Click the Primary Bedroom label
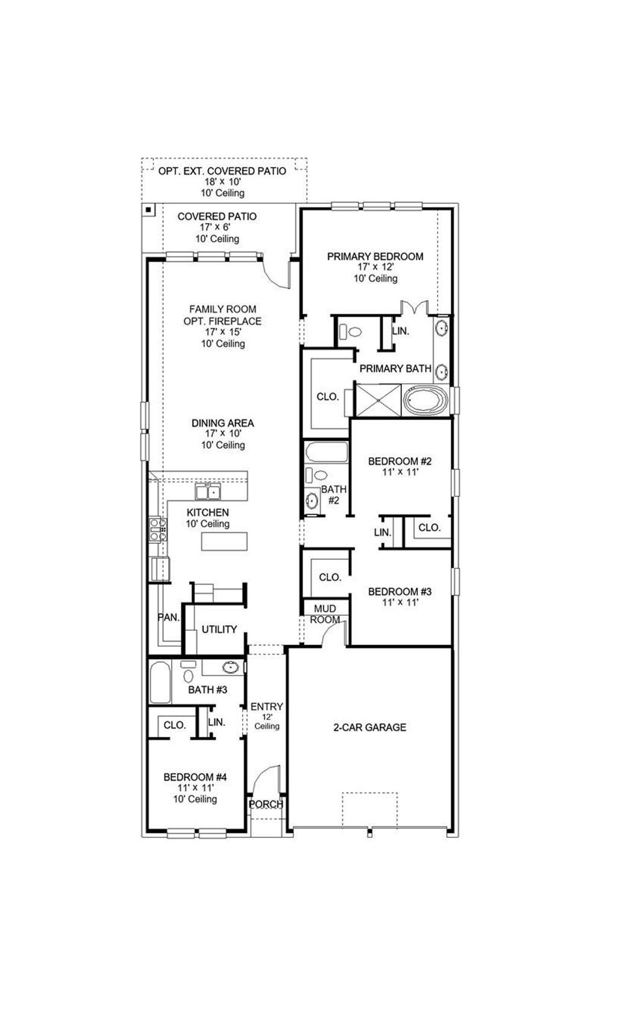[375, 257]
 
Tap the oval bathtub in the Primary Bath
[425, 400]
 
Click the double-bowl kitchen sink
[208, 493]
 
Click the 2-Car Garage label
[369, 727]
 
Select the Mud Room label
[325, 614]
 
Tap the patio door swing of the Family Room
[277, 274]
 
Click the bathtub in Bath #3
[160, 682]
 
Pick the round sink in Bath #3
[230, 667]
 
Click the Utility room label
[219, 629]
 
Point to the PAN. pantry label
[168, 617]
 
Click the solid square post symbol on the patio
[148, 210]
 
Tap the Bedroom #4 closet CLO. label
[175, 725]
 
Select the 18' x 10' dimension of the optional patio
[222, 182]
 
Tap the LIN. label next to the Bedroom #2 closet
[382, 532]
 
